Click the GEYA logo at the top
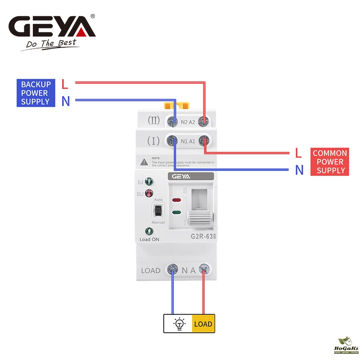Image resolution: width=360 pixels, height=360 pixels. pos(53,27)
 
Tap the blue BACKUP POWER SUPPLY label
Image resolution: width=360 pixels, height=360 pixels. pos(36,93)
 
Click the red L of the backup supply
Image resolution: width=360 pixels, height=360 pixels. pos(65,84)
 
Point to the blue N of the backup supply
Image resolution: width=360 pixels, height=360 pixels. pos(66,102)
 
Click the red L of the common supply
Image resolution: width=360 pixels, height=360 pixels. pos(298,153)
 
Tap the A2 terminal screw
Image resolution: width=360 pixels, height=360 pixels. pos(204,121)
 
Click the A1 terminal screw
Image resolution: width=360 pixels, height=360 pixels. pos(205,141)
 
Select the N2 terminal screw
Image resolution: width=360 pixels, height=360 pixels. pos(172,121)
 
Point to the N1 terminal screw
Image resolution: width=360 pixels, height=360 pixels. pos(172,141)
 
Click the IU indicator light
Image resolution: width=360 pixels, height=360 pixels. pos(149,182)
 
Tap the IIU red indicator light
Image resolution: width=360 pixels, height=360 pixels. pos(149,194)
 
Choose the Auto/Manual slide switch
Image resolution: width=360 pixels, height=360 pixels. pos(158,210)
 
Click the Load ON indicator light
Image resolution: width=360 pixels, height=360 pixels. pos(149,231)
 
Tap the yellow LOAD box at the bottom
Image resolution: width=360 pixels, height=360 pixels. pos(203,324)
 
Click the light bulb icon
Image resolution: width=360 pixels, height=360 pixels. pos(179,324)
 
